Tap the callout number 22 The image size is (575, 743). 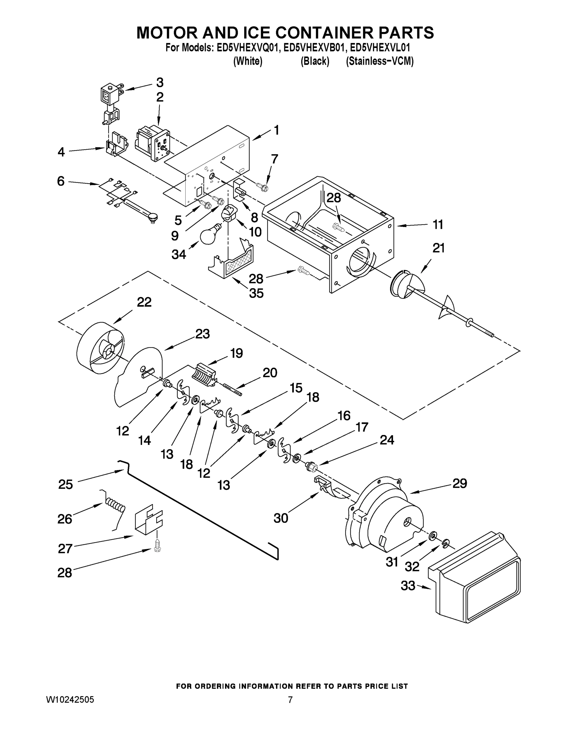click(144, 302)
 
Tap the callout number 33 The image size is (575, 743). click(408, 586)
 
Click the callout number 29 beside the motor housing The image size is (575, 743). click(459, 483)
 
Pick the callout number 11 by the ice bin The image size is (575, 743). click(438, 224)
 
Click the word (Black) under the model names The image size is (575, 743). click(315, 62)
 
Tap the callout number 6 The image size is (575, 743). click(61, 181)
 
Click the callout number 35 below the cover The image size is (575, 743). click(256, 293)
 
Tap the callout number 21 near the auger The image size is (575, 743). click(438, 248)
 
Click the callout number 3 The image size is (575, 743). click(160, 82)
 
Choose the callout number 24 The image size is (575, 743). click(387, 440)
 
